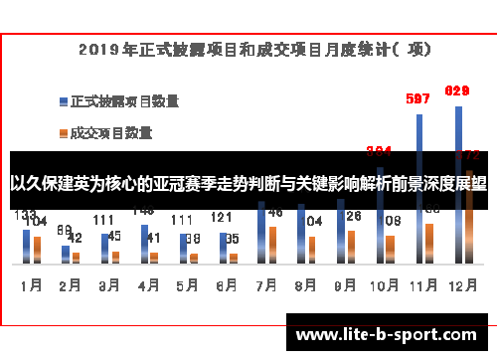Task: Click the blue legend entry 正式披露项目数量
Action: pos(124,100)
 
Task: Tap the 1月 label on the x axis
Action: pos(31,283)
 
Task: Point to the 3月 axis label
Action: pos(108,283)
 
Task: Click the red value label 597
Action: pos(418,98)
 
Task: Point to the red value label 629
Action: pos(457,91)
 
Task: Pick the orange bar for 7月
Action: pos(272,244)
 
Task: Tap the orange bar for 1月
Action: pos(38,249)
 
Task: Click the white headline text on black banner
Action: pos(248,184)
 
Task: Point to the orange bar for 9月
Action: pos(351,246)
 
